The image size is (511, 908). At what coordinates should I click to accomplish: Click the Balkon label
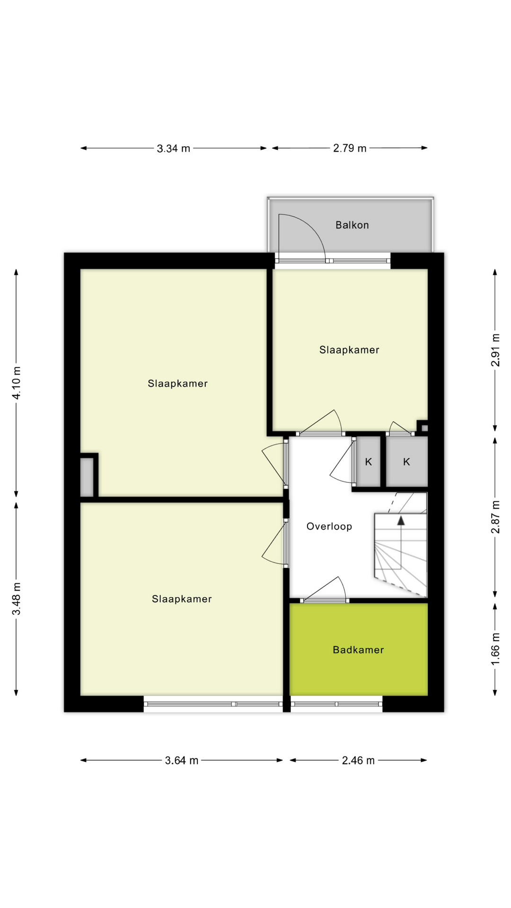click(x=352, y=225)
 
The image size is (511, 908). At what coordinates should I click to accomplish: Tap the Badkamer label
click(x=358, y=650)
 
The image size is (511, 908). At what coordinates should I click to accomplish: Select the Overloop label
click(x=329, y=526)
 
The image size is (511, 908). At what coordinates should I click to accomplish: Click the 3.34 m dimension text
click(x=173, y=148)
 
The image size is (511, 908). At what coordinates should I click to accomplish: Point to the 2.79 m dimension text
click(x=350, y=148)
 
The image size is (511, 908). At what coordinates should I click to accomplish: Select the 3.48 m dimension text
click(x=17, y=599)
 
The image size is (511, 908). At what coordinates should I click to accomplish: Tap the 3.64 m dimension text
click(x=181, y=760)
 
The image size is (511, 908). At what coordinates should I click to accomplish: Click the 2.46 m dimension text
click(x=358, y=760)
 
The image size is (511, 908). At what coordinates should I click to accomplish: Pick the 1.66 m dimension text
click(x=495, y=648)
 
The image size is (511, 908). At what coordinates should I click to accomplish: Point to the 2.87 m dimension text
click(x=495, y=517)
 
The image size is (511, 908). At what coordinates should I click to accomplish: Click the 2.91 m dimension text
click(x=495, y=350)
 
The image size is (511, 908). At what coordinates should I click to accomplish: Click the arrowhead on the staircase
click(x=401, y=521)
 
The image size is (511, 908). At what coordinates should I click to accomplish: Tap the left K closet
click(x=368, y=462)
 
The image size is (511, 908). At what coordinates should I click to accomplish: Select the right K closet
click(x=406, y=462)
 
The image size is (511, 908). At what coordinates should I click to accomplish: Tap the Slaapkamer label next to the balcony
click(x=349, y=350)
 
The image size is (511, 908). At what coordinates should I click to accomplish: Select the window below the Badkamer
click(x=336, y=704)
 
